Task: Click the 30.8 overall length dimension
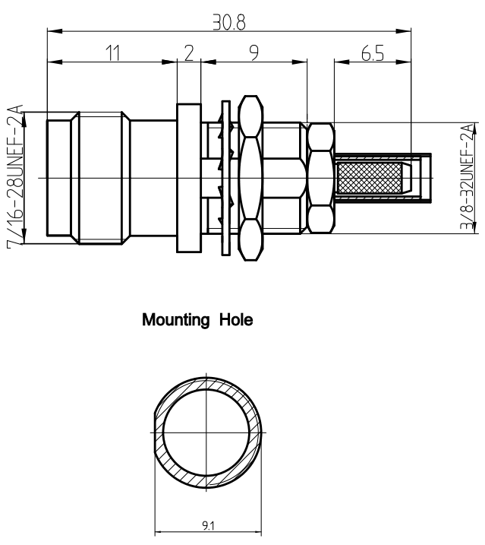pos(228,22)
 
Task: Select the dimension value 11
pos(112,53)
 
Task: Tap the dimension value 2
pos(188,53)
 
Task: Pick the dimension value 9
pos(254,53)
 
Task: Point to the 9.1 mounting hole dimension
pos(208,524)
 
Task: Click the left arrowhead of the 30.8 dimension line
pos(52,31)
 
